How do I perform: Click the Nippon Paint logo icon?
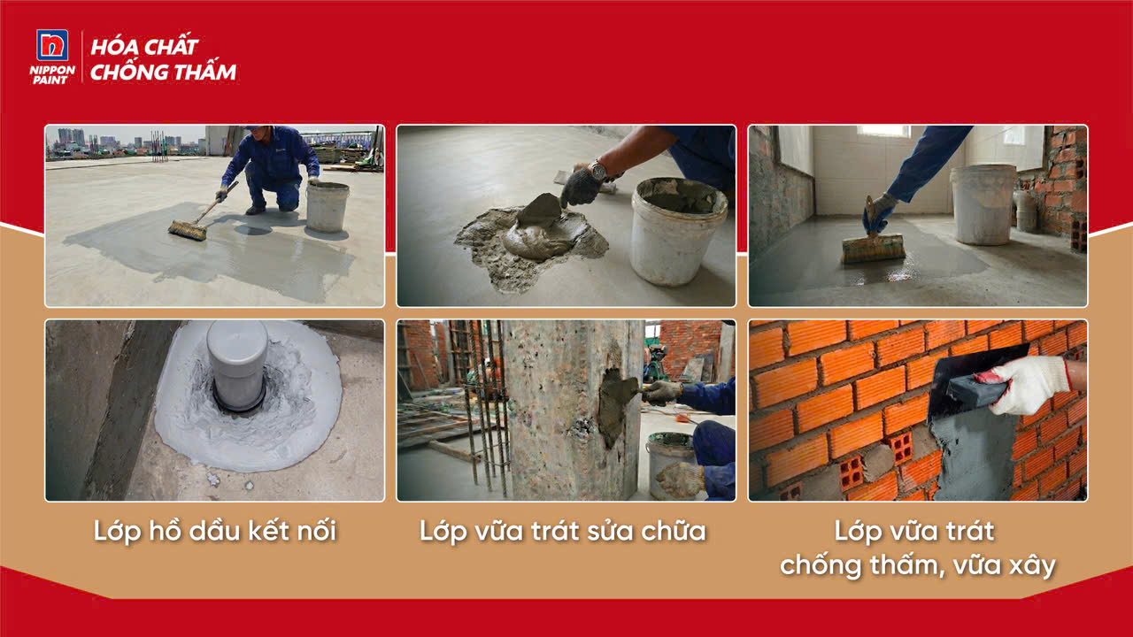point(52,45)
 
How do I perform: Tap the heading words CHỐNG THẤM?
point(164,72)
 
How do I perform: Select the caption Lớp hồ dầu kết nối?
point(215,532)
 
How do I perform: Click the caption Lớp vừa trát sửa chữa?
point(563,532)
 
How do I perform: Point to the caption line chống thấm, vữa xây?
point(918,565)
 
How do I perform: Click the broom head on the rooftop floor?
point(188,230)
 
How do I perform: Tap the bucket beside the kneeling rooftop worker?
point(328,207)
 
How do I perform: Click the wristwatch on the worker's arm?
point(598,171)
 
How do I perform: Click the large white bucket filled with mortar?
point(679,231)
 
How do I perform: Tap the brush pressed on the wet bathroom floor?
point(873,249)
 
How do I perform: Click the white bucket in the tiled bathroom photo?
point(983,204)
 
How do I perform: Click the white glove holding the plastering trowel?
point(1027,384)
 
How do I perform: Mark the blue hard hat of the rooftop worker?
point(257,127)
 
